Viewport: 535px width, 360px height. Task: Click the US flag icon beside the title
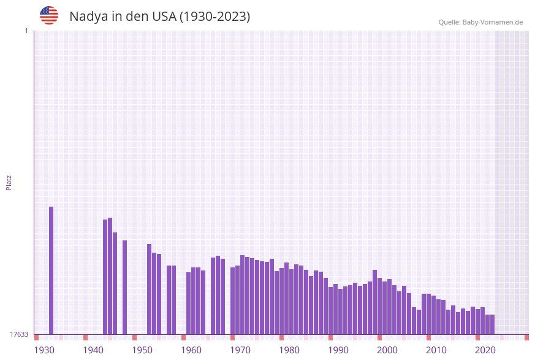pos(49,15)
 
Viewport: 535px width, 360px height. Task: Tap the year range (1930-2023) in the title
pos(214,17)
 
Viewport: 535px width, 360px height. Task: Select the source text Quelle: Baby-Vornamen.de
pos(480,22)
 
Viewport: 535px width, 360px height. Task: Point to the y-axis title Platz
pos(9,182)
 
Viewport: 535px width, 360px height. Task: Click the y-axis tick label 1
pos(26,31)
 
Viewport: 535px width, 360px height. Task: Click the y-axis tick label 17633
pos(19,334)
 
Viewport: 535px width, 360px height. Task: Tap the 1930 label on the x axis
pos(44,350)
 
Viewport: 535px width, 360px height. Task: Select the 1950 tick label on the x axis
pos(142,350)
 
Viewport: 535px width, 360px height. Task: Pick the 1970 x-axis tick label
pos(240,350)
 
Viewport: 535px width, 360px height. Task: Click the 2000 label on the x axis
pos(387,350)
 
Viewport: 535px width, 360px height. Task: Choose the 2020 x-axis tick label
pos(485,350)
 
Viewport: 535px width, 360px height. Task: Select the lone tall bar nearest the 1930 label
pos(51,270)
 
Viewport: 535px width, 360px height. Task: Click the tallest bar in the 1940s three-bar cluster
pos(110,276)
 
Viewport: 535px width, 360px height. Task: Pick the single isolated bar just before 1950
pos(124,287)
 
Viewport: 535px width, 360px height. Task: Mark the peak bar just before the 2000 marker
pos(374,302)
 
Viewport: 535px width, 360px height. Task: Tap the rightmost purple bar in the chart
pos(492,324)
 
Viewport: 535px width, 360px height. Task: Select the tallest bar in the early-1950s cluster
pos(149,289)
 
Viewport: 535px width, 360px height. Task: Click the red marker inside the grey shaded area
pos(526,337)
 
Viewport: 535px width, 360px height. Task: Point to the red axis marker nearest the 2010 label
pos(428,337)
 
